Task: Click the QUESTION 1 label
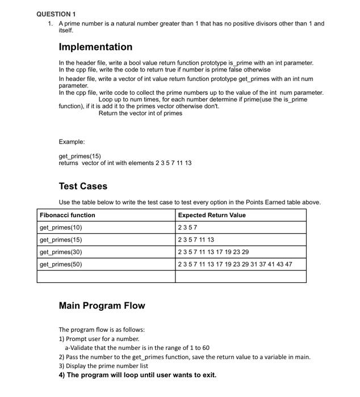[x=56, y=14]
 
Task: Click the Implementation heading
[x=95, y=47]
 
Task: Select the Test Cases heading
[x=83, y=186]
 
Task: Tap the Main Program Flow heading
[x=102, y=306]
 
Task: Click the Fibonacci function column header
[x=68, y=215]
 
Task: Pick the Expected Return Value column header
[x=212, y=215]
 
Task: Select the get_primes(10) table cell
[x=61, y=227]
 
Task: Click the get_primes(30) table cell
[x=61, y=252]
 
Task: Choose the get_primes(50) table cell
[x=61, y=264]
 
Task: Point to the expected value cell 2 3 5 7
[x=189, y=227]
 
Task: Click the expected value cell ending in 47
[x=235, y=264]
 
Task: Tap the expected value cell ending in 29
[x=213, y=252]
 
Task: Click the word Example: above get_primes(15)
[x=72, y=142]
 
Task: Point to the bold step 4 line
[x=137, y=375]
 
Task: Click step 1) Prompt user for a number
[x=99, y=339]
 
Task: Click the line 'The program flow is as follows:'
[x=102, y=330]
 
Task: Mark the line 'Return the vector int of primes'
[x=140, y=113]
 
